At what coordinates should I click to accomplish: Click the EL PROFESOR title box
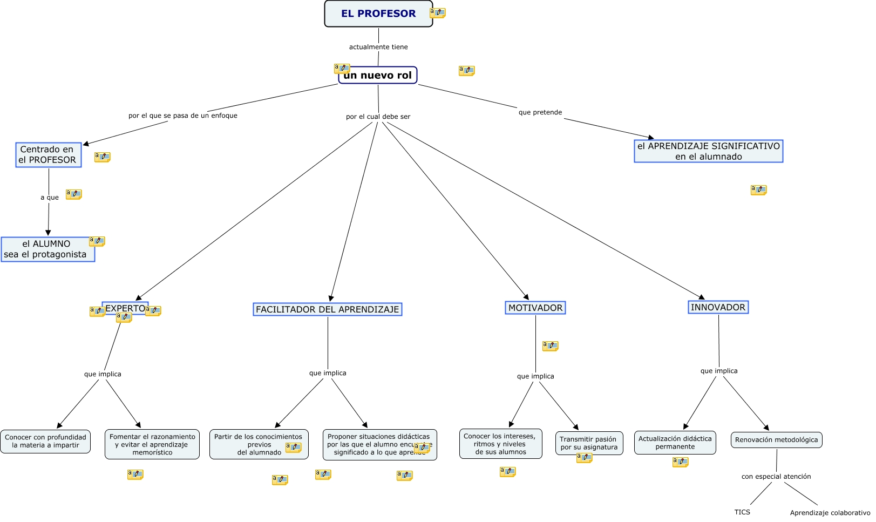click(378, 13)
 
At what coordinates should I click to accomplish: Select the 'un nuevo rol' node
click(378, 75)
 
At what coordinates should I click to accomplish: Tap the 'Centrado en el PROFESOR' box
click(49, 155)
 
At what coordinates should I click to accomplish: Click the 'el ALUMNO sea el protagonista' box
click(47, 249)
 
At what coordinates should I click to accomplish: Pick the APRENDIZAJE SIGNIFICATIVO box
click(708, 151)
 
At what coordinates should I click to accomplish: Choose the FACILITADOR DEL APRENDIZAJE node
click(327, 309)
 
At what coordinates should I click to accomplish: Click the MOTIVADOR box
click(535, 308)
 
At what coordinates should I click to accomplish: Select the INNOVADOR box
click(718, 307)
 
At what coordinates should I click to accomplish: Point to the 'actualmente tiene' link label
click(378, 47)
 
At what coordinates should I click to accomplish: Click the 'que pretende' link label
click(540, 112)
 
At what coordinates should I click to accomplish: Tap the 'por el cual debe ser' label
click(378, 117)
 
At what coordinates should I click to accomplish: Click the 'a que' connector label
click(50, 198)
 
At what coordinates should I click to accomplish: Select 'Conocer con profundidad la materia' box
click(45, 442)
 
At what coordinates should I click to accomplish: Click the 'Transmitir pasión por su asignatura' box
click(589, 443)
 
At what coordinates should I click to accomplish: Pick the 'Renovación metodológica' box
click(776, 440)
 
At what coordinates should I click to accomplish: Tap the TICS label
click(742, 512)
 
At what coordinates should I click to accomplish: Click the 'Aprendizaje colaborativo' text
click(830, 513)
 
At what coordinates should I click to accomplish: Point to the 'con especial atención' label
click(776, 477)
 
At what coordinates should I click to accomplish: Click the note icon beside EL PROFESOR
click(438, 13)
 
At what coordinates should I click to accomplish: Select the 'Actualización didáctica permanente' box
click(675, 443)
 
